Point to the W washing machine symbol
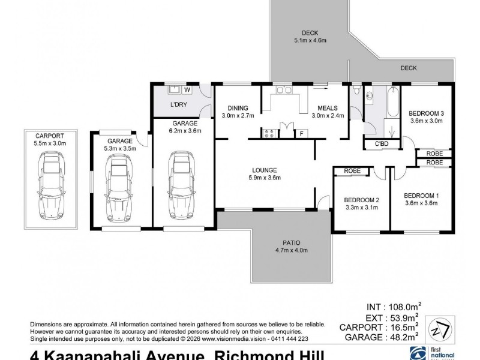(x=187, y=91)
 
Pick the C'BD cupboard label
(x=381, y=144)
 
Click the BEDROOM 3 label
(x=427, y=113)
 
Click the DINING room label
(x=238, y=108)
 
